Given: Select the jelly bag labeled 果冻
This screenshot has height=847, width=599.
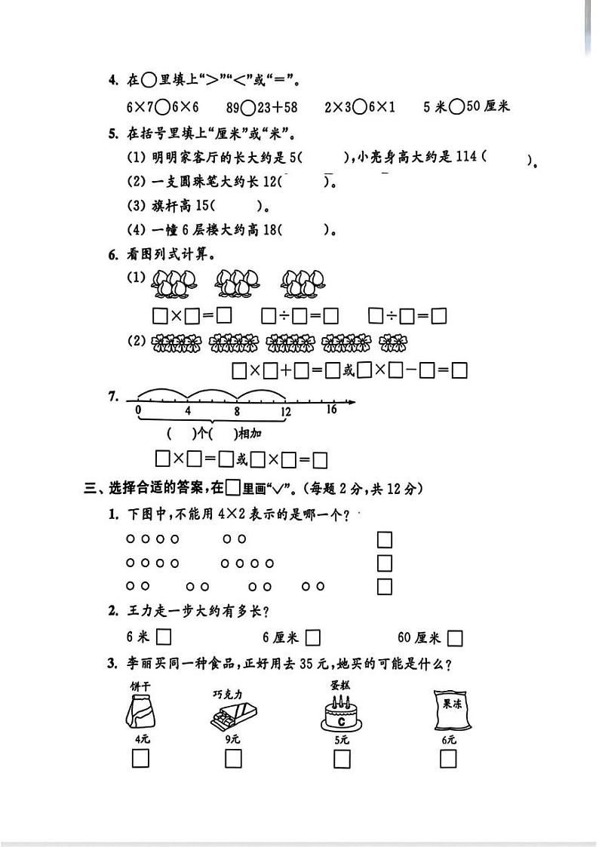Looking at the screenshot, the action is pyautogui.click(x=450, y=710).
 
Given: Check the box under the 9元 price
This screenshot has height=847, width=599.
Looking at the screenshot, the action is pyautogui.click(x=233, y=759).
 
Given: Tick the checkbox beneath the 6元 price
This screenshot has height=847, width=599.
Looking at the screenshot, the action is pyautogui.click(x=449, y=759).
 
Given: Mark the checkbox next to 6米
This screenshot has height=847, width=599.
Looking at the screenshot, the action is pyautogui.click(x=163, y=638).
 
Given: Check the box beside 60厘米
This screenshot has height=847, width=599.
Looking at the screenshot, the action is pyautogui.click(x=454, y=638).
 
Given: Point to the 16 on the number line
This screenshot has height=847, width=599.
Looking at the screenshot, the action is pyautogui.click(x=332, y=410).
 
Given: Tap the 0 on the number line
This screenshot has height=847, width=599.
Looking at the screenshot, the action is pyautogui.click(x=137, y=410).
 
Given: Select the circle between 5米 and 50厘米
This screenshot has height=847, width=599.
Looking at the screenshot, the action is pyautogui.click(x=456, y=106).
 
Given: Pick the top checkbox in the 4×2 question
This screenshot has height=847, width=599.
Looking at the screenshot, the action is pyautogui.click(x=385, y=540).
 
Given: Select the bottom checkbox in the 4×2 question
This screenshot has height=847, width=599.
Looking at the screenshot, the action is pyautogui.click(x=385, y=587).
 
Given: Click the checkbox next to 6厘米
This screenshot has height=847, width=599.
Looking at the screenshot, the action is pyautogui.click(x=313, y=638).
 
